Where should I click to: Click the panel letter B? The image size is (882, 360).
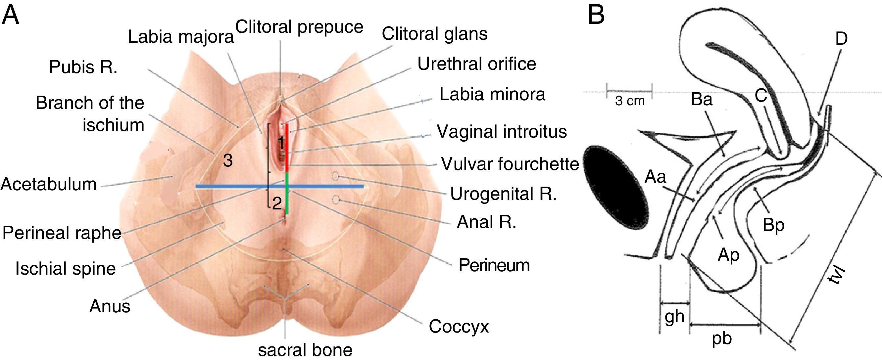[x=596, y=16]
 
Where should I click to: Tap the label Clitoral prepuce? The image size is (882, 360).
[x=299, y=27]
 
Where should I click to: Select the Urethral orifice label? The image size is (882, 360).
[x=476, y=64]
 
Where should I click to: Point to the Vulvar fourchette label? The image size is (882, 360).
[x=510, y=164]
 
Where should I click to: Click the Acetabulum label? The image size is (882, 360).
[x=49, y=184]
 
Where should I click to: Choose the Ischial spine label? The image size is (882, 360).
[x=66, y=269]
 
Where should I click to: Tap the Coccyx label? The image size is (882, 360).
[x=459, y=327]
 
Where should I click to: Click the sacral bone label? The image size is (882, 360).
[x=305, y=350]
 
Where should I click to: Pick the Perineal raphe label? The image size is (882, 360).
[x=62, y=233]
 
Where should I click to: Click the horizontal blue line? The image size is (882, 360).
[x=240, y=187]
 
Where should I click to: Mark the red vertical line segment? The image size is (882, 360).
[x=287, y=147]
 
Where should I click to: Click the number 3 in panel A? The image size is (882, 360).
[x=228, y=160]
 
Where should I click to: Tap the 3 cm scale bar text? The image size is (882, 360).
[x=629, y=101]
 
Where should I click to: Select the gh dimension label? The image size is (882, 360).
[x=674, y=317]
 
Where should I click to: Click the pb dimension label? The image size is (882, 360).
[x=721, y=338]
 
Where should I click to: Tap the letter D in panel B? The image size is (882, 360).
[x=841, y=39]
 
